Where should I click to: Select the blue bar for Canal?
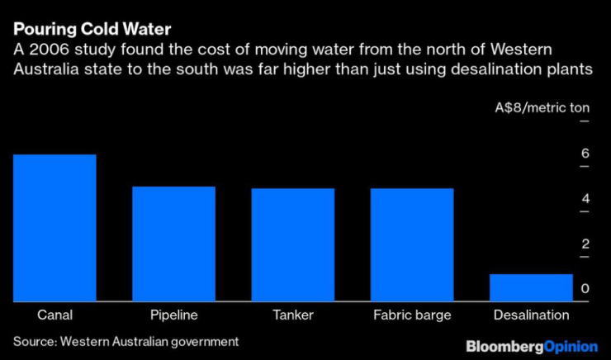coord(54,227)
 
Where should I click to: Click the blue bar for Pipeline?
coord(173,244)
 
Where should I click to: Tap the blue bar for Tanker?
coord(292,244)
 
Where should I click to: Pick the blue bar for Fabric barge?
coord(411,244)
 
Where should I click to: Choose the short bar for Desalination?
coord(530,287)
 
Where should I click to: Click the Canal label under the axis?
coord(54,315)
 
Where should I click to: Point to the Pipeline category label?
coord(173,315)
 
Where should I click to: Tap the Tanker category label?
coord(292,315)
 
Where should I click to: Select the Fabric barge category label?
coord(411,315)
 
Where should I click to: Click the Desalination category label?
coord(531,315)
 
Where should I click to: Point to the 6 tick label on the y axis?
coord(585,154)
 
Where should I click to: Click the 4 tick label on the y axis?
coord(585,199)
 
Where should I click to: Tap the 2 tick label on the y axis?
coord(585,244)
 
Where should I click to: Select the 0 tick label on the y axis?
coord(585,289)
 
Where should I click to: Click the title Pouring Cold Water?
coord(92,31)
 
